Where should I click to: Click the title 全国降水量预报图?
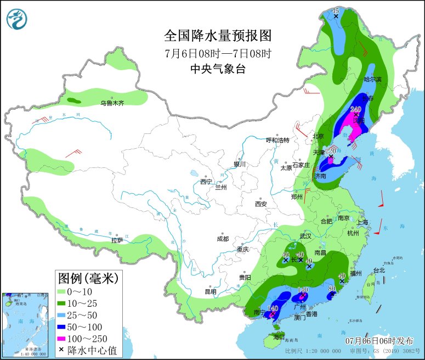[218, 36]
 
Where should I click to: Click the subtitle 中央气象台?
[218, 69]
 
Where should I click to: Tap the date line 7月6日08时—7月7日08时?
[218, 54]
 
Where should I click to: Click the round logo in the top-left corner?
[17, 19]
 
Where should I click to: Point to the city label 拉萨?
[117, 240]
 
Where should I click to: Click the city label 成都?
[223, 239]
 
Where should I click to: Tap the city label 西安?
[260, 204]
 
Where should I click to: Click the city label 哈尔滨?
[372, 80]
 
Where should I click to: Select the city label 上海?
[362, 222]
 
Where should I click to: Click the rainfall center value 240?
[356, 109]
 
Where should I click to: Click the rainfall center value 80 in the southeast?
[332, 288]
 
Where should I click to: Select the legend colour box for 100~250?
[65, 338]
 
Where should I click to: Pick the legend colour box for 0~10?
[65, 291]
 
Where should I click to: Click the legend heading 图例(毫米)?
[88, 278]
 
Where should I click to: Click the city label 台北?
[379, 270]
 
